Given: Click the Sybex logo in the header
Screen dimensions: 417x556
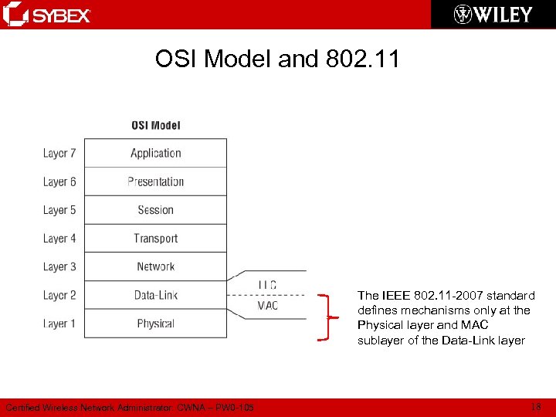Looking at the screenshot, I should tap(47, 15).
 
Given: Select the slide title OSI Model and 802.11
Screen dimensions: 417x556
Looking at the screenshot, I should tap(277, 59).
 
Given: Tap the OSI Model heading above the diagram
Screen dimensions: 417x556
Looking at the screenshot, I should tap(156, 125).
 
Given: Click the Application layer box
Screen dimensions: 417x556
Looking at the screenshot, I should tap(155, 153).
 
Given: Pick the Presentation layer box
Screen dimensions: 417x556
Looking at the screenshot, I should tap(155, 181).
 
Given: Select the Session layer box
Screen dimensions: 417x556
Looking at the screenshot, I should tap(155, 210).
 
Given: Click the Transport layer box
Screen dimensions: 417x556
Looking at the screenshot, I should tap(155, 239).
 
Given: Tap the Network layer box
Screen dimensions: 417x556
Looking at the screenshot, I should tap(155, 266).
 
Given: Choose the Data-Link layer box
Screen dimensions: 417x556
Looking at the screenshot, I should tap(155, 295).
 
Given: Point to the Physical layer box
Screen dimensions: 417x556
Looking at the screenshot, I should tap(155, 324).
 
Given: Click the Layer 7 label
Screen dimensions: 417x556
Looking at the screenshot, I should tap(59, 153).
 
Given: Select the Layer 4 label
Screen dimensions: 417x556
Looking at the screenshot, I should tap(59, 239).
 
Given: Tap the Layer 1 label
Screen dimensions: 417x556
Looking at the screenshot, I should tap(59, 324).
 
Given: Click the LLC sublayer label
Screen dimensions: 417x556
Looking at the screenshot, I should tap(267, 285).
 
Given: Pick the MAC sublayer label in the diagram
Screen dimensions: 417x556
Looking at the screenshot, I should tap(267, 306).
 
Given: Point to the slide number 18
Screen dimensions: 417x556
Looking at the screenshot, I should tap(536, 407).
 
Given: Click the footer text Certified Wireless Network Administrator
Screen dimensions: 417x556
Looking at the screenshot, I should tap(129, 408).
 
